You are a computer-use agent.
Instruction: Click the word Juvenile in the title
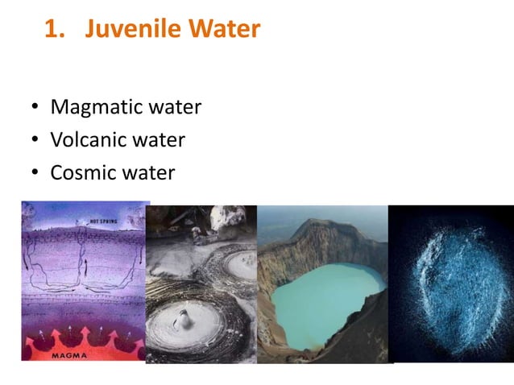tap(133, 30)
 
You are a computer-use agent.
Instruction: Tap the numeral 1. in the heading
tap(54, 30)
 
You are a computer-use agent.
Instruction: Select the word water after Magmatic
tap(175, 107)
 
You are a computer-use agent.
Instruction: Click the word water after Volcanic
tap(160, 140)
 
